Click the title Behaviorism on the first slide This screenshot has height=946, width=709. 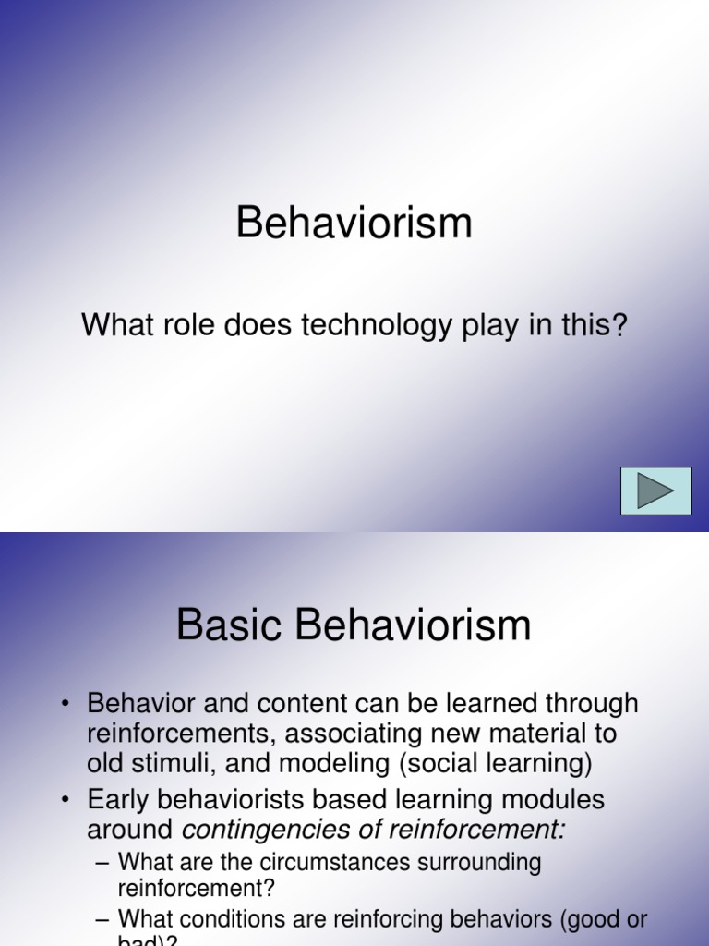coord(354,224)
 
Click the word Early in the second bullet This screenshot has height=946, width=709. coord(116,799)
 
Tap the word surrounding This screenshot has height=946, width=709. coord(478,863)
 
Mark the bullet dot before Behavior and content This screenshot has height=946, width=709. coord(66,704)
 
